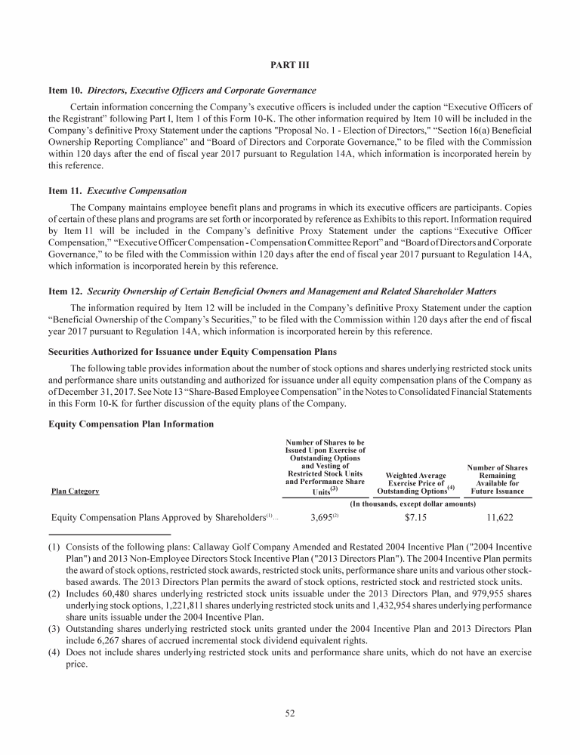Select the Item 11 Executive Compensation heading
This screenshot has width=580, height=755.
click(118, 191)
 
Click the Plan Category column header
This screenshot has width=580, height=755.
click(75, 492)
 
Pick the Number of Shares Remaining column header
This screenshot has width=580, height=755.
click(497, 479)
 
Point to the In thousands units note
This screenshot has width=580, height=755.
click(413, 503)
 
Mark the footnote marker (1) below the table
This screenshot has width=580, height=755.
click(55, 546)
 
